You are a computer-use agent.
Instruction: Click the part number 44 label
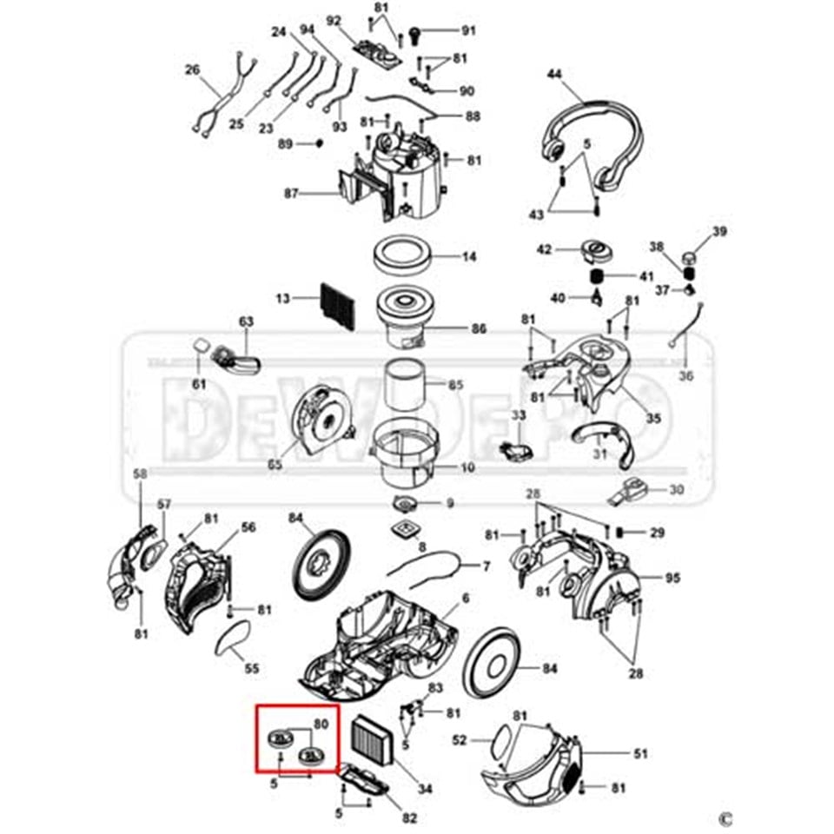[x=554, y=76]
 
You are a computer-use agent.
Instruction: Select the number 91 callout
[x=469, y=31]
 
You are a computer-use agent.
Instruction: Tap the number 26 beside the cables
[x=193, y=70]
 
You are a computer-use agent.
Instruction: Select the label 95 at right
[x=673, y=578]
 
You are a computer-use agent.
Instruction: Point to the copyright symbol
[x=725, y=817]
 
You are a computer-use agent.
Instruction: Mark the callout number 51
[x=640, y=754]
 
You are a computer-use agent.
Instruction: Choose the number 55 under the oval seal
[x=251, y=668]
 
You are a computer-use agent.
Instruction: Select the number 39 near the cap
[x=719, y=231]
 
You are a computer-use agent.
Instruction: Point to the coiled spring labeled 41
[x=599, y=276]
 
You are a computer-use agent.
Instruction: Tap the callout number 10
[x=468, y=467]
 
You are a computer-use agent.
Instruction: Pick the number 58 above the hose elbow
[x=140, y=473]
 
